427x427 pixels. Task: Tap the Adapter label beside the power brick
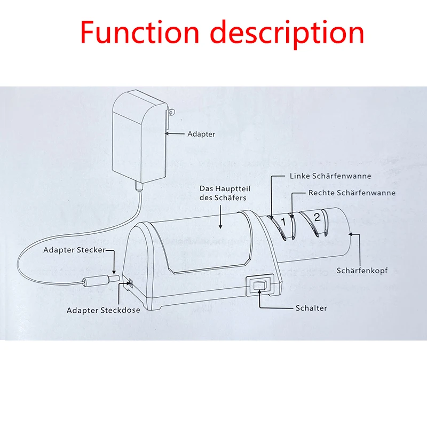point(201,134)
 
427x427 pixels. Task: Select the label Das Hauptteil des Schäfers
point(223,193)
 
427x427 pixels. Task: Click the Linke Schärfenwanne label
point(330,176)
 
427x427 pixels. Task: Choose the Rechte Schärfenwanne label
point(352,193)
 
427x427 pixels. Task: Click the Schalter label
point(311,308)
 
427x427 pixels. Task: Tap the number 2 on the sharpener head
point(317,217)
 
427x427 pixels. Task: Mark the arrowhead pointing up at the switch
point(260,299)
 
